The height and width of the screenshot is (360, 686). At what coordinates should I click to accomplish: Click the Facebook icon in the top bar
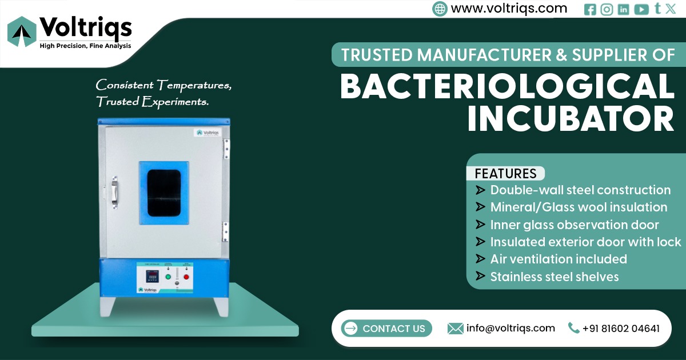pos(590,9)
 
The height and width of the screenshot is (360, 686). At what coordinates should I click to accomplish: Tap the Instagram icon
pos(607,9)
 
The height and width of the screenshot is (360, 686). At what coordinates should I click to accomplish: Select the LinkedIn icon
pos(623,9)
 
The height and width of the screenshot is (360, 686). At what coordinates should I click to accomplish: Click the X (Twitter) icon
pos(671,9)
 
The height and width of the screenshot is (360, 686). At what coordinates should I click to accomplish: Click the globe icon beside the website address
pos(440,9)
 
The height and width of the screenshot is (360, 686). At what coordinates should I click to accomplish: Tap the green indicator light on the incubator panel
pos(168,277)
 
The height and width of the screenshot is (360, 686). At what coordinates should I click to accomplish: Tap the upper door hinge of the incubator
pos(226,149)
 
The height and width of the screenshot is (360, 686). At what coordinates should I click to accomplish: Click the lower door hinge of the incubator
pos(226,233)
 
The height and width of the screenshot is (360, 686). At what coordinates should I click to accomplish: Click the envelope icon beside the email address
pos(455,328)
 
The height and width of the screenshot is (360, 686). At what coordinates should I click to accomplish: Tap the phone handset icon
pos(573,328)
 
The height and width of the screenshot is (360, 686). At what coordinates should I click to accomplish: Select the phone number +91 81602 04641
pos(621,329)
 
